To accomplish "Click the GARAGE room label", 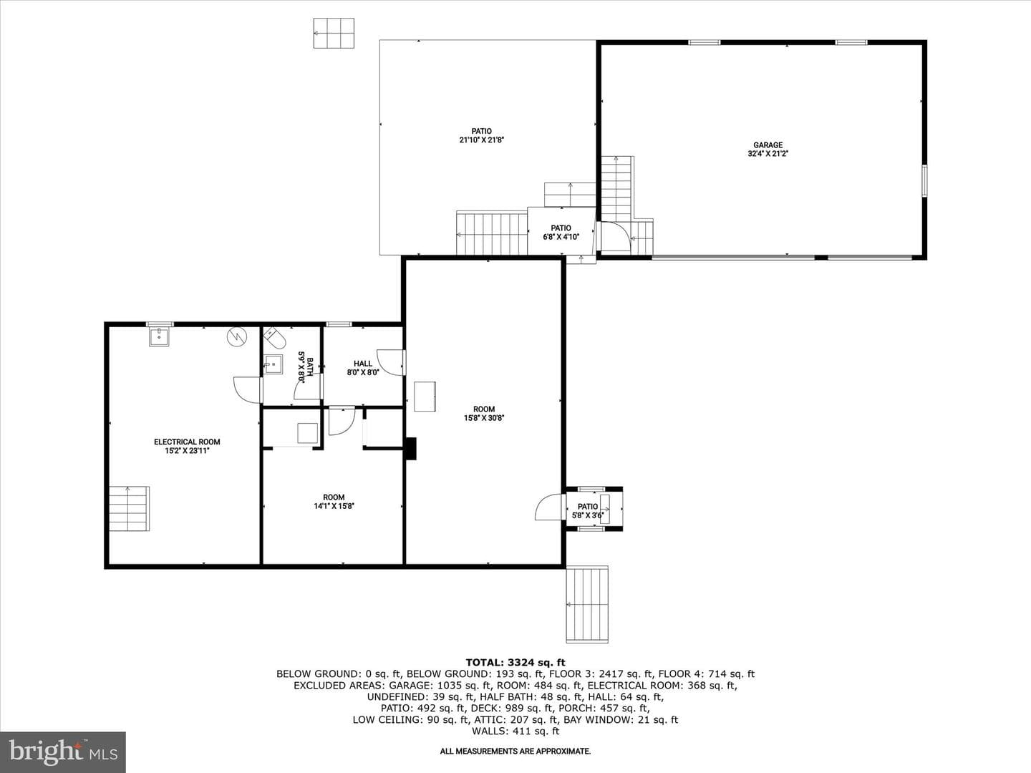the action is (768, 145).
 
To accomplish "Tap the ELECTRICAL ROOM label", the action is (187, 442).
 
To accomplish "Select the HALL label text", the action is (363, 364).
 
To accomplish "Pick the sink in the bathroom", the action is (273, 364).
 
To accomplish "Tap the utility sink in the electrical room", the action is (159, 337).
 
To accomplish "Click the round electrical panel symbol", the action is (236, 336).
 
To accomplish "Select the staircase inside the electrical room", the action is (129, 509).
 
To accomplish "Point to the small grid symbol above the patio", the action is (334, 33).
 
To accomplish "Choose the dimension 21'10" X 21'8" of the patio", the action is (481, 140).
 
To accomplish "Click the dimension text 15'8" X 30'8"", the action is (484, 418).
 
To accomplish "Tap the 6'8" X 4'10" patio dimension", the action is (561, 237).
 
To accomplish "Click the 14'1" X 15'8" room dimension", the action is (334, 506).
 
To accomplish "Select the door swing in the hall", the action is (389, 362).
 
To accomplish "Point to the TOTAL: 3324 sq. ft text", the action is (515, 663).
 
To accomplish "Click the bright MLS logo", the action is (63, 752).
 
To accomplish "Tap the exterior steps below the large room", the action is (587, 605).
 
